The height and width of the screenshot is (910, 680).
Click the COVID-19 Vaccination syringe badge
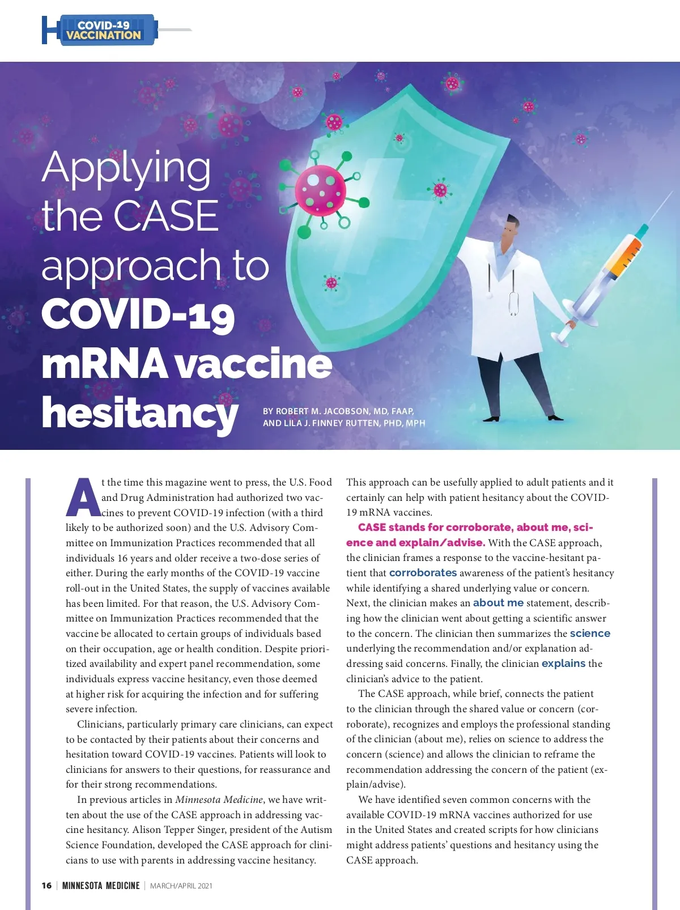click(103, 30)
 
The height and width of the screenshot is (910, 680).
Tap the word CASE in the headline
click(166, 216)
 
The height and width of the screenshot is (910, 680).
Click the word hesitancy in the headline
click(139, 413)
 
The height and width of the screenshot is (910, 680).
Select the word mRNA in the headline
click(104, 364)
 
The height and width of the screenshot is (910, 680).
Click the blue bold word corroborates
click(423, 573)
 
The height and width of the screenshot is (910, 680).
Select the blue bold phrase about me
click(498, 603)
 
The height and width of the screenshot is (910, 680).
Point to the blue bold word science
click(590, 633)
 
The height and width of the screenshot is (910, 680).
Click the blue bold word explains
click(563, 664)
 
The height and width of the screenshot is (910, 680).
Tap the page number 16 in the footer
click(46, 886)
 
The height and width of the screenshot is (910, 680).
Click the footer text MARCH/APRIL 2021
click(181, 886)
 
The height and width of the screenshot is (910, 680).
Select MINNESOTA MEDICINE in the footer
click(101, 886)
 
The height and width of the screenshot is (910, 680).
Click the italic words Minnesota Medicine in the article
click(219, 800)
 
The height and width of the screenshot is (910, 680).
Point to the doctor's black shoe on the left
click(491, 419)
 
